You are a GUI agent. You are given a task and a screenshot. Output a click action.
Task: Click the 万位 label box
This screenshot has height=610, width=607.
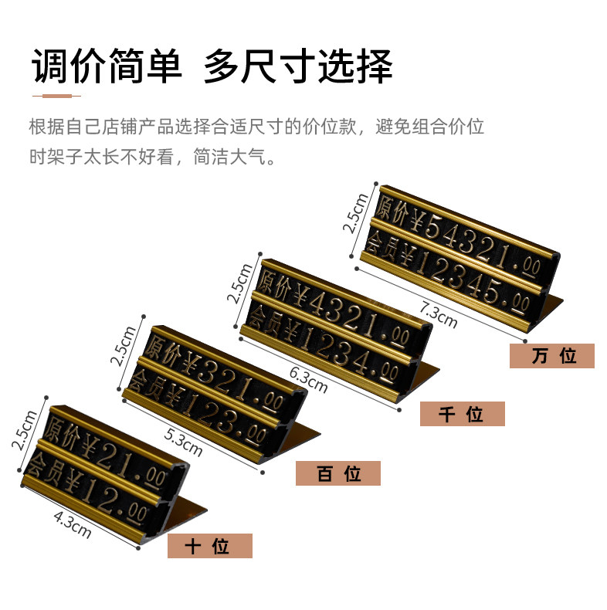(551, 356)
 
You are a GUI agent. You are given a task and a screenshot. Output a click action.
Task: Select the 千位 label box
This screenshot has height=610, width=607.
(462, 414)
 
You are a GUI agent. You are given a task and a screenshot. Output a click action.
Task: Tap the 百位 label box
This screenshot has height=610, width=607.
(337, 473)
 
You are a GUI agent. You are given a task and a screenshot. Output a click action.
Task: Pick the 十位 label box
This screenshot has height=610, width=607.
(209, 546)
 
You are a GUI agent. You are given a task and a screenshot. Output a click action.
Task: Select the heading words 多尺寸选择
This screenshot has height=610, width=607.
(297, 66)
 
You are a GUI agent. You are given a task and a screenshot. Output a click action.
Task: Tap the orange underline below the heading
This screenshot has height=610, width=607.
(56, 96)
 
